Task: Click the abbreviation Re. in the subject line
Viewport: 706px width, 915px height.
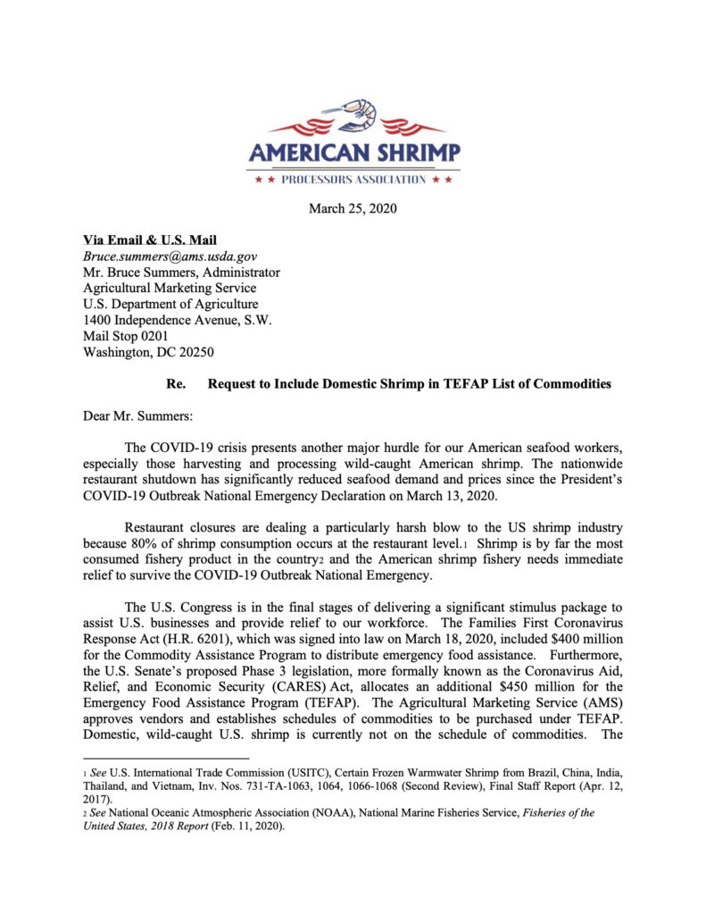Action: point(176,384)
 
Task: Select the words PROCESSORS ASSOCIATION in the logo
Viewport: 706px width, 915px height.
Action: point(353,180)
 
